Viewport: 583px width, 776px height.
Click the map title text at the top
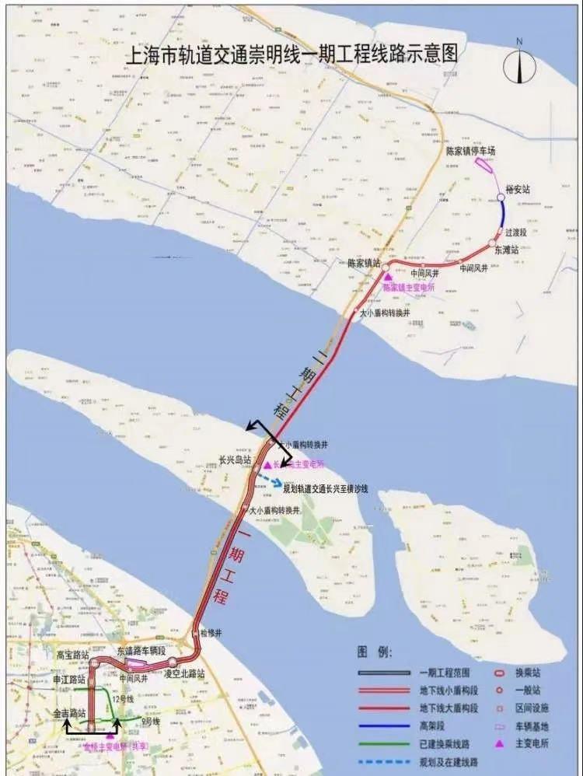[291, 55]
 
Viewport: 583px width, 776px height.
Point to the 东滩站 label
[505, 250]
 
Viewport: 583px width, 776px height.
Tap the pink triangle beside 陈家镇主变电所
[387, 276]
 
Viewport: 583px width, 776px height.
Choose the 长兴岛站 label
[236, 460]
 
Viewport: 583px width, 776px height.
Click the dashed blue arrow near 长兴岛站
[269, 479]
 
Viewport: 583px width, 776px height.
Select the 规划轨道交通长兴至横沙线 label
[326, 489]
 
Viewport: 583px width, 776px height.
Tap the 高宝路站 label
[72, 655]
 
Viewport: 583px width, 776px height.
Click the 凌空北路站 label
[184, 673]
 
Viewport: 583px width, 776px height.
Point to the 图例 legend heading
[375, 650]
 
